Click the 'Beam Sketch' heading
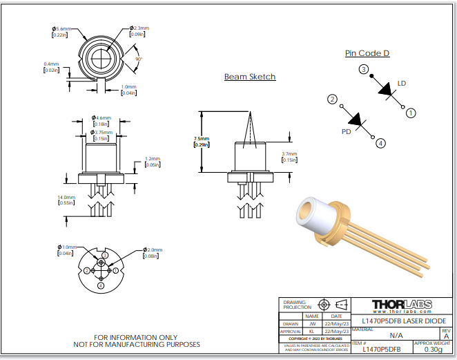250,77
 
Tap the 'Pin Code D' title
367,53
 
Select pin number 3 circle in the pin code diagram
363,69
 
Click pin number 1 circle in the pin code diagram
410,113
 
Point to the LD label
402,84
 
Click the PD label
347,131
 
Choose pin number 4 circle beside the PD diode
380,144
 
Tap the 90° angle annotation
139,59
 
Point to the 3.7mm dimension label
289,154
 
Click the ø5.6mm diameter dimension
61,28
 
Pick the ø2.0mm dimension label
153,250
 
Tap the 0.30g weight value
433,350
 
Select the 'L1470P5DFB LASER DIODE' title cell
401,321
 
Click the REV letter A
445,337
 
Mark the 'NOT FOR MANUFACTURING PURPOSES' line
137,344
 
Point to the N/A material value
396,335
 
